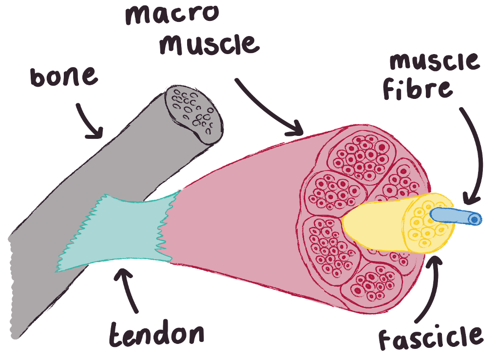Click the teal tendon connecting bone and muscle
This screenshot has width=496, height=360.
117,231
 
